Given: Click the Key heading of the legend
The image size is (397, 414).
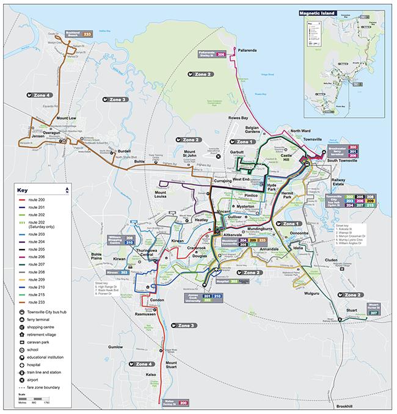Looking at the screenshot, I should tap(23, 191).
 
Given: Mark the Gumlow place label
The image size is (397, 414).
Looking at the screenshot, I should tap(115, 346).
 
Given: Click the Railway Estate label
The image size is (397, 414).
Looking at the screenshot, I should tap(338, 184).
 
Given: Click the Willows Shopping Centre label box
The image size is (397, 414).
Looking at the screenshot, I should tap(129, 239).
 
